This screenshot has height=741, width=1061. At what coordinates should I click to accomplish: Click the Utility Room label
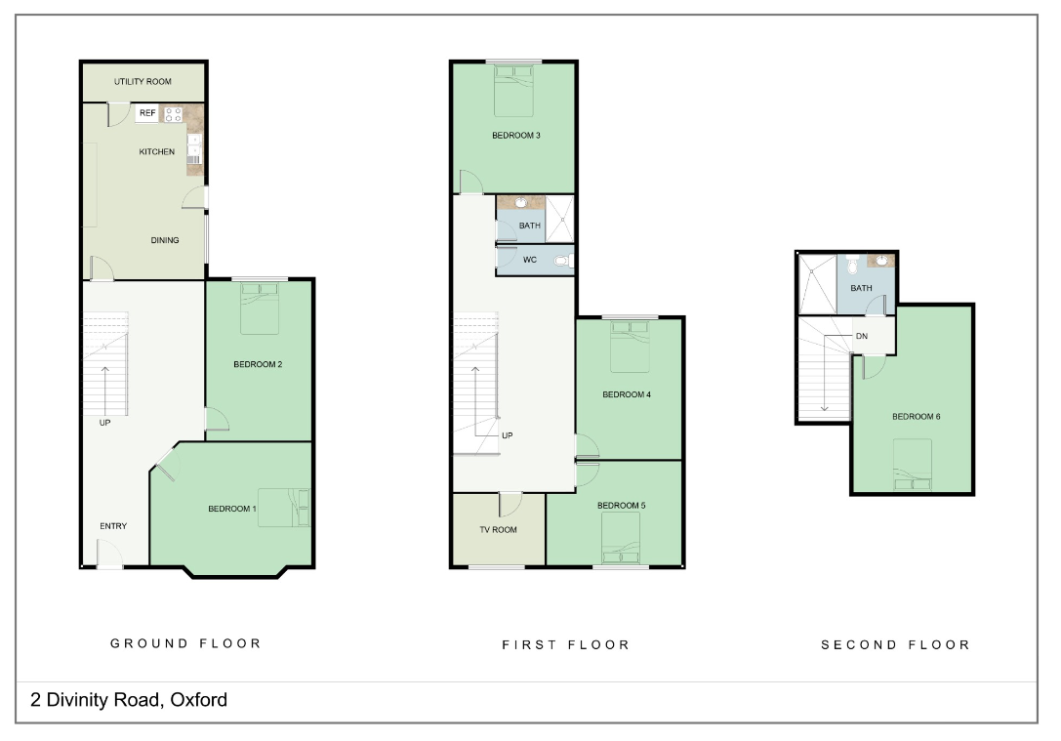point(143,81)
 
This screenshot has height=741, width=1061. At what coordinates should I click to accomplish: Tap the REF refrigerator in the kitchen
point(147,113)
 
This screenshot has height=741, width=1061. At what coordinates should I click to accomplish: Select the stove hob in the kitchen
point(174,113)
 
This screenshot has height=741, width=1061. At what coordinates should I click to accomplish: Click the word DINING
point(164,240)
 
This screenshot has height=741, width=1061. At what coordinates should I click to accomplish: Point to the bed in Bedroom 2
point(260,309)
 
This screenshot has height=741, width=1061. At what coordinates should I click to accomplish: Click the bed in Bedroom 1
point(284,508)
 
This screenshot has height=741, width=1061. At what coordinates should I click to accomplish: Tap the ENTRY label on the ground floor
point(113,527)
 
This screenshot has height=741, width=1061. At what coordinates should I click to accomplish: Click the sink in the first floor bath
point(520,203)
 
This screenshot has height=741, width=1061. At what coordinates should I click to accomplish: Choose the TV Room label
point(498,530)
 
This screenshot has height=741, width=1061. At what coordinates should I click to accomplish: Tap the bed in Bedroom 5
point(621,540)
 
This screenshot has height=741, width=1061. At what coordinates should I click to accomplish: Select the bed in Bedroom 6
point(913,465)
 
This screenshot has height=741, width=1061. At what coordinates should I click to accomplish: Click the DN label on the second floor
point(861,336)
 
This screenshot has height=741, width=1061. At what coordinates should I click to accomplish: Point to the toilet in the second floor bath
point(852,265)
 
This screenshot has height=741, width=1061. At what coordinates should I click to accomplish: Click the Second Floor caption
point(895,645)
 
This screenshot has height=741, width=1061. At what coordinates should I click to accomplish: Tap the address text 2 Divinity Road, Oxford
point(129,700)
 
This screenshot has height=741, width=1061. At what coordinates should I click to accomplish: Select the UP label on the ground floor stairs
point(104,423)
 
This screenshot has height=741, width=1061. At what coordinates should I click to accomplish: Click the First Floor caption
point(566,645)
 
